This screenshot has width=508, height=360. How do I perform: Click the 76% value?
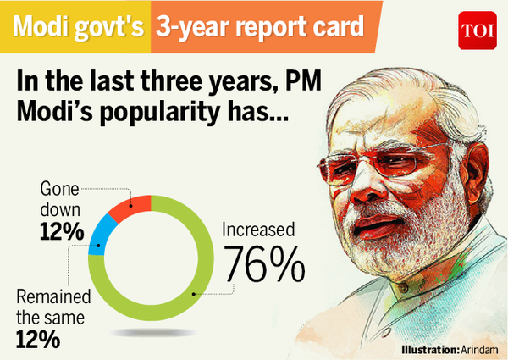263,264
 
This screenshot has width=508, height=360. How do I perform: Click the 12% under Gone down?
39,231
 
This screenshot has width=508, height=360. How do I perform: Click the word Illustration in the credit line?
427,348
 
